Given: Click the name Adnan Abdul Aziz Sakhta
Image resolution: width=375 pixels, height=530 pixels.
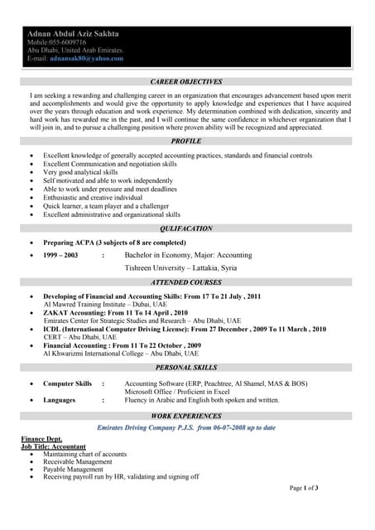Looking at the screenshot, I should (73, 34).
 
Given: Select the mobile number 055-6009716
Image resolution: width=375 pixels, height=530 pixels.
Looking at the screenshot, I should (68, 42).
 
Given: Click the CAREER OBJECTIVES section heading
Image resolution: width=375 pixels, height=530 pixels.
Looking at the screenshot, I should (186, 82).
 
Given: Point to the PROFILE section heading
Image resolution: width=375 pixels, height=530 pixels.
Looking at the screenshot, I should (186, 142).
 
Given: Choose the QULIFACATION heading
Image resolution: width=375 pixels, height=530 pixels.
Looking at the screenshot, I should (186, 229).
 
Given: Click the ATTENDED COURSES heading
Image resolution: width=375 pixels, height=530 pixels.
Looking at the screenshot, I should (186, 283).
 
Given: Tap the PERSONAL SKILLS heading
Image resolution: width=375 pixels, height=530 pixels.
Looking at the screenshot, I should (186, 367).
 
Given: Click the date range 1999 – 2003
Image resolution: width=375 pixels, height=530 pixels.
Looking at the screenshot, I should (60, 256).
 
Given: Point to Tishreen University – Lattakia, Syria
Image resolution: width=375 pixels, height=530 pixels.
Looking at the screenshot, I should (180, 268).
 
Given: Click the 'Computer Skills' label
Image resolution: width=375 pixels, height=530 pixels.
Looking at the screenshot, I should (67, 383).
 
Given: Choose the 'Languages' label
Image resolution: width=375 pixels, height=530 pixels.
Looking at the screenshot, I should (60, 400).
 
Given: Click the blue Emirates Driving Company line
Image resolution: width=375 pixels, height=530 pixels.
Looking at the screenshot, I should (186, 427).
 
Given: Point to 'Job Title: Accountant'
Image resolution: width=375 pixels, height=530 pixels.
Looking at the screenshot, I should (53, 446).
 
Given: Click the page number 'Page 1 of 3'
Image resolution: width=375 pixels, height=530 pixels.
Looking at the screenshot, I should (304, 488).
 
